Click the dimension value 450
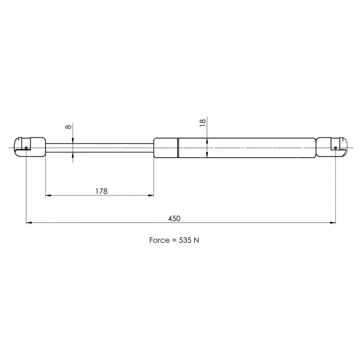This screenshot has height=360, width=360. pos(174,219)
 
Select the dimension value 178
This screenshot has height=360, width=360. pos(102,191)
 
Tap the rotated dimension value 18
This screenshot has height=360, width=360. pos(203,123)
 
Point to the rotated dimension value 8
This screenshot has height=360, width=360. pos(69,126)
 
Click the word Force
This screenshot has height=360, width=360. pos(159,240)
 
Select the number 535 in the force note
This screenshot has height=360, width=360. pos(185,240)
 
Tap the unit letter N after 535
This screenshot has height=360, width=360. pos(196,240)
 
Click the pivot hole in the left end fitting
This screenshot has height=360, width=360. pos(26,148)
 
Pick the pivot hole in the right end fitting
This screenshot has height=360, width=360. pos(336,148)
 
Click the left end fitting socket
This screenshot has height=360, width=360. pos(30,147)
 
